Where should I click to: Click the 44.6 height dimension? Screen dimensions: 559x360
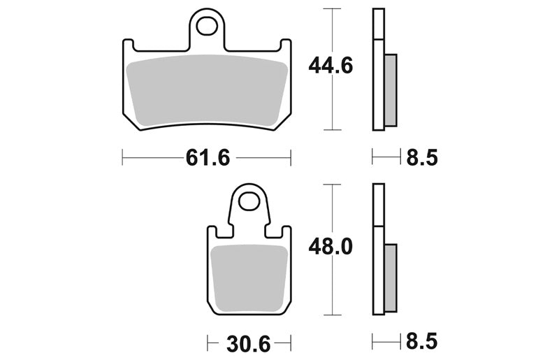(331, 66)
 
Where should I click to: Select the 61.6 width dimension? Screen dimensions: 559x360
(208, 157)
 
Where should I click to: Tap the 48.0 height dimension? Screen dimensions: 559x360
(331, 247)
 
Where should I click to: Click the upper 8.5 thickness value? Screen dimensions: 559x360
(422, 157)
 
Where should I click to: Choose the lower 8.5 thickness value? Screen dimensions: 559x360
(422, 341)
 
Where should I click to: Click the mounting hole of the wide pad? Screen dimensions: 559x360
(207, 26)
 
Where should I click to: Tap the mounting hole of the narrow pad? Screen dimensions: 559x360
(249, 202)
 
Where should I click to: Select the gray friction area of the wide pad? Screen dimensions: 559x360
(207, 91)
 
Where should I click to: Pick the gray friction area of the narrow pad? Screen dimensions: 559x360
(249, 278)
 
